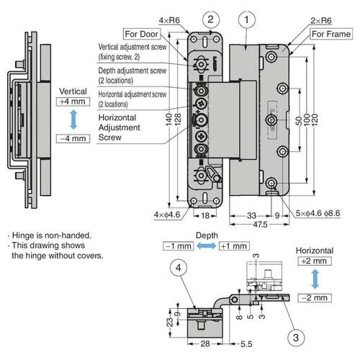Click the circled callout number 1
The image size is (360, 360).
pos(247,20)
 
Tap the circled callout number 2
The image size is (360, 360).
pos(210,20)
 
